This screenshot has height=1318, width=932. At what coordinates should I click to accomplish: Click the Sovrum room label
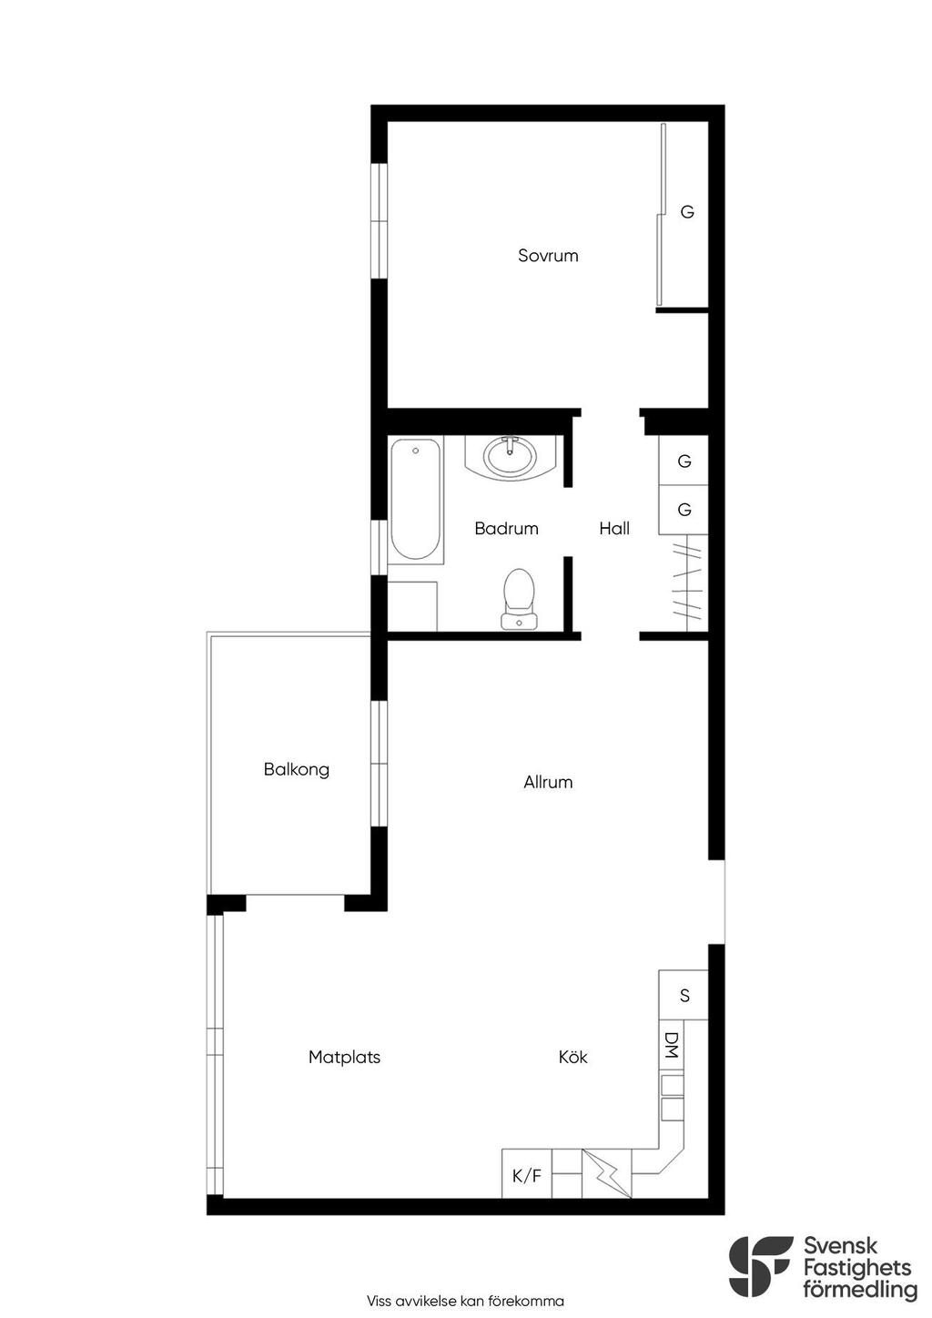[547, 256]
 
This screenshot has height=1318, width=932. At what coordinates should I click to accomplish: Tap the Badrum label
[506, 528]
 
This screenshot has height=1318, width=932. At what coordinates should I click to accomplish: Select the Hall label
[614, 528]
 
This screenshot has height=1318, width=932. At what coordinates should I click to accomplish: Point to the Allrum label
[548, 782]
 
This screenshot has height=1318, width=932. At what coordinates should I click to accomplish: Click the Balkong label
[296, 770]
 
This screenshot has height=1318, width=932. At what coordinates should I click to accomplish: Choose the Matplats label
[344, 1057]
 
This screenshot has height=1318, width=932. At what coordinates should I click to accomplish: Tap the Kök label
[572, 1057]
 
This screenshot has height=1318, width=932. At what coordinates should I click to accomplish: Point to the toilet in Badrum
[519, 598]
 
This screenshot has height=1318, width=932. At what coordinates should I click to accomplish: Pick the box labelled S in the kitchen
[684, 995]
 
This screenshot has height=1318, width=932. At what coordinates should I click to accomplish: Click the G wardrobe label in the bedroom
[686, 212]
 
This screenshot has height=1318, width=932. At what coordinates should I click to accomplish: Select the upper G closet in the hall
[684, 461]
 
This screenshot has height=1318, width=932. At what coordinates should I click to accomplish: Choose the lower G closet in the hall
[684, 510]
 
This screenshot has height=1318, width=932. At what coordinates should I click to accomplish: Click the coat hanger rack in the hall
[686, 583]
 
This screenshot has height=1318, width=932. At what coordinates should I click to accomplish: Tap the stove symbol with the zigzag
[607, 1174]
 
